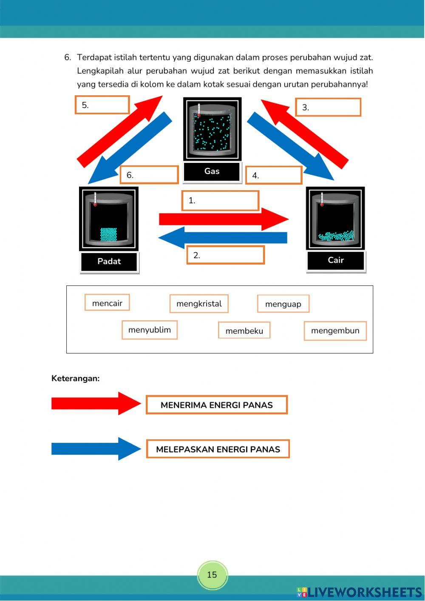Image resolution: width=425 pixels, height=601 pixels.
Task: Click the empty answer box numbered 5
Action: tap(102, 105)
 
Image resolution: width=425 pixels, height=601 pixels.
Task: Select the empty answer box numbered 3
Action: tap(328, 107)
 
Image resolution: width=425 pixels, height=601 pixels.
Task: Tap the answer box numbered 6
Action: tap(149, 175)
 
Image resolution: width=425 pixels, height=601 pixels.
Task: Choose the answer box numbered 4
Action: tap(274, 175)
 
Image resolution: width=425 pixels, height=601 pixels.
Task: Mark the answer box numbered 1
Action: tap(220, 200)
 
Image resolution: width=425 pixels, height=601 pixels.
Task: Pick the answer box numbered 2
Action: tap(225, 255)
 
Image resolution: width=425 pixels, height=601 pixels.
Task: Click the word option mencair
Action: tap(107, 303)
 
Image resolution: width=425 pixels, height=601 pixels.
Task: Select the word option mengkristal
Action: tap(199, 304)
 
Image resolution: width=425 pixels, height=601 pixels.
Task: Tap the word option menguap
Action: tap(283, 304)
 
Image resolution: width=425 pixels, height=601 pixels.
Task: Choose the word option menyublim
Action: tap(150, 330)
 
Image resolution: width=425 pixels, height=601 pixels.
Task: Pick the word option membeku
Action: tap(244, 330)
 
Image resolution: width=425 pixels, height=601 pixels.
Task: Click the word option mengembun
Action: tap(335, 331)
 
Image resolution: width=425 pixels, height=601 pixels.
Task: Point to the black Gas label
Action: tap(212, 171)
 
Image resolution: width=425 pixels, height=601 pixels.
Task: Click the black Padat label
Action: tap(109, 262)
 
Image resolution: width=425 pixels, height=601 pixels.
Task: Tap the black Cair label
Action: tap(336, 260)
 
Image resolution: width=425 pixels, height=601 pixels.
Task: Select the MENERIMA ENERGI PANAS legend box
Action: tap(217, 405)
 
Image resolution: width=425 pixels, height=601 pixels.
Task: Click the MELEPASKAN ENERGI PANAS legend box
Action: tap(218, 449)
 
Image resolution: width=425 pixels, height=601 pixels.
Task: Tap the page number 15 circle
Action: tap(212, 575)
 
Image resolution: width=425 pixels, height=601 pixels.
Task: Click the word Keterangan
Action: tap(76, 379)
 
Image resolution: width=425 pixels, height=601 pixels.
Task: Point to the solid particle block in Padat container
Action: tap(108, 234)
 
